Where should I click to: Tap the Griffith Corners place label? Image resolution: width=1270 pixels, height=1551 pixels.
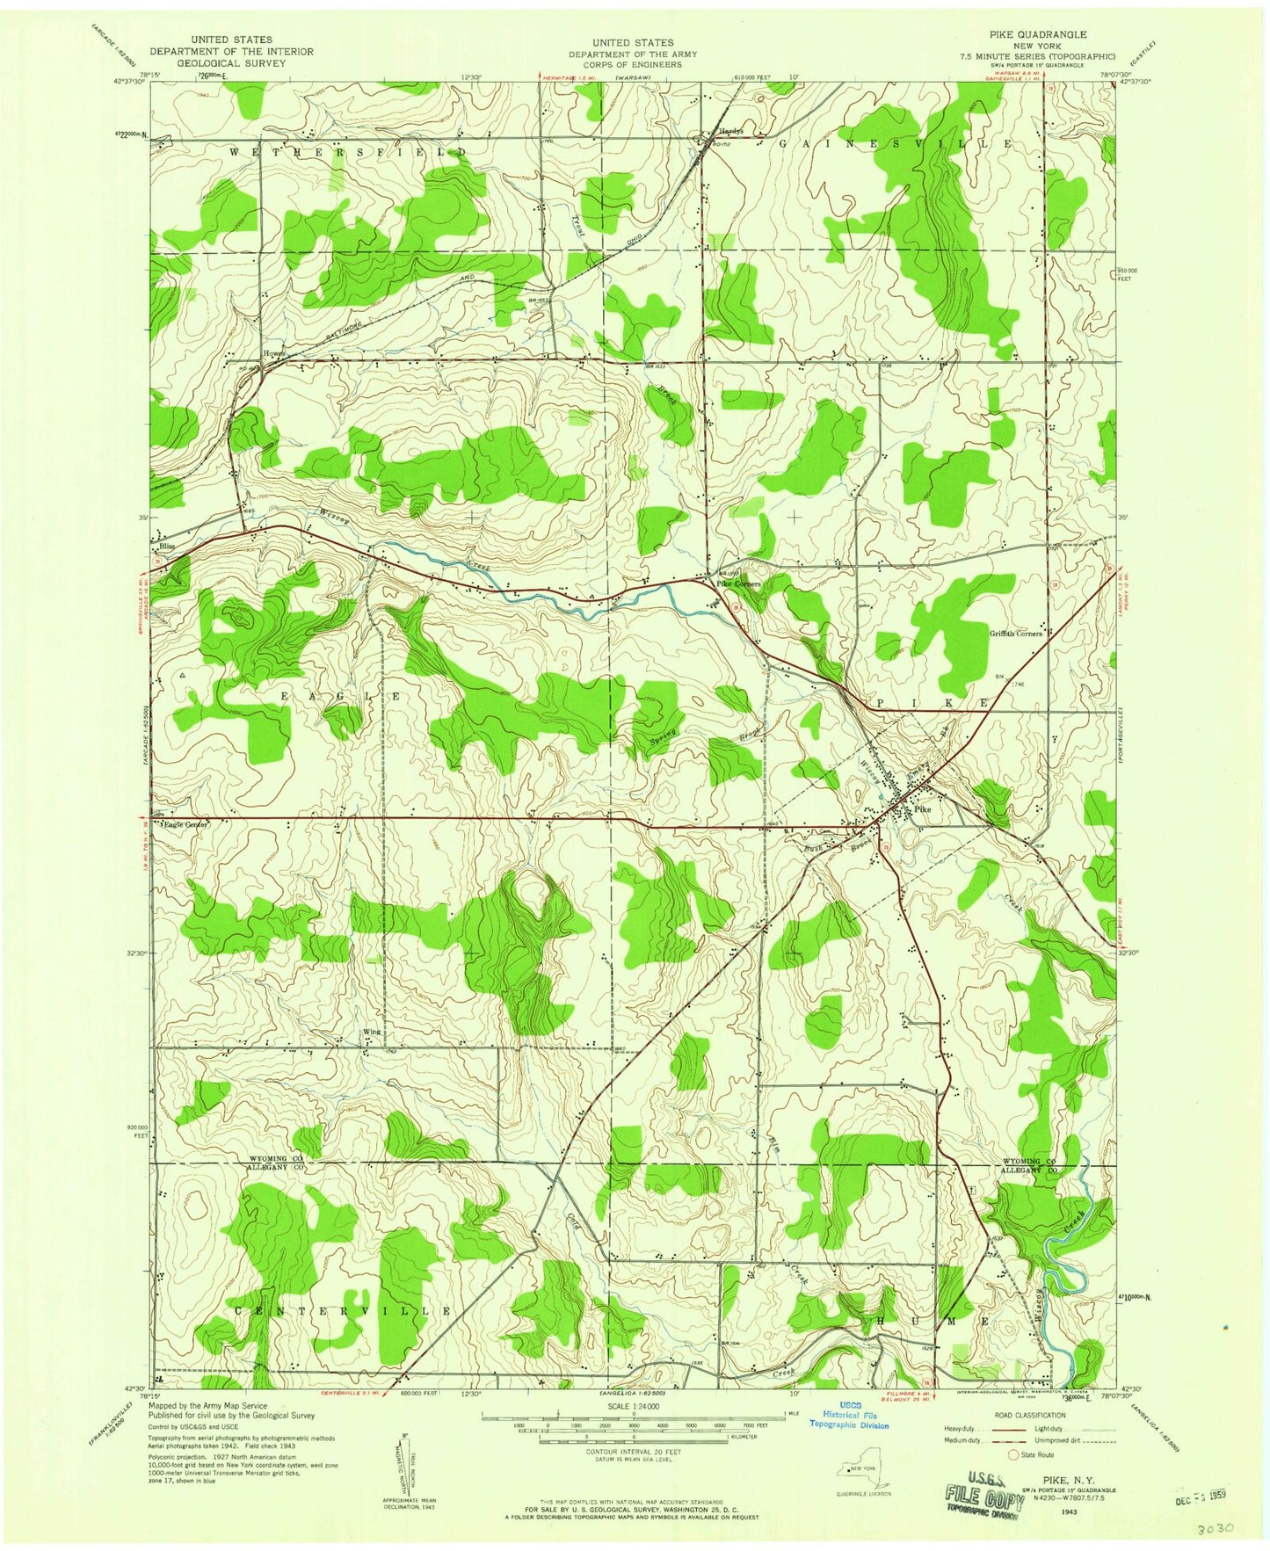pos(1016,633)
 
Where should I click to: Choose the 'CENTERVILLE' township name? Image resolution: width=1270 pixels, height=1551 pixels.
pos(343,1310)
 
